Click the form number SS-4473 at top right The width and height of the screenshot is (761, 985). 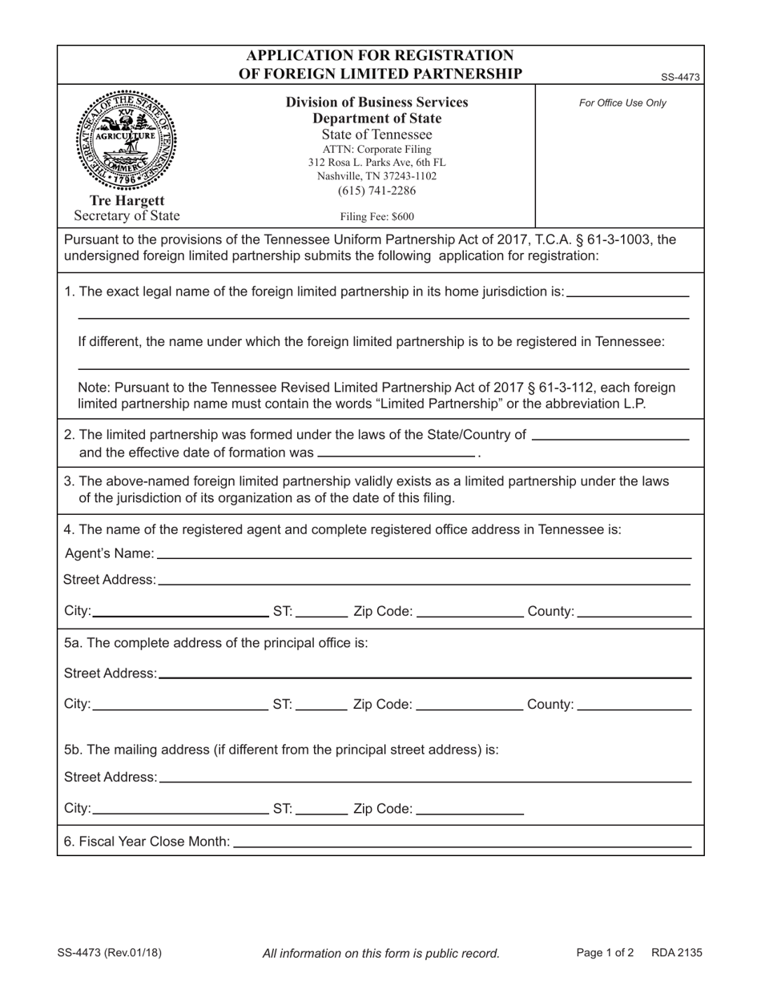[x=680, y=78]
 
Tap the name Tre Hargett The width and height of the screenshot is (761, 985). [x=127, y=200]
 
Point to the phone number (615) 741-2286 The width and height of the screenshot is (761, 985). [x=376, y=191]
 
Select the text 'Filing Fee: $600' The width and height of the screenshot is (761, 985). [x=376, y=216]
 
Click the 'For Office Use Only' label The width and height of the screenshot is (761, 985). [x=622, y=103]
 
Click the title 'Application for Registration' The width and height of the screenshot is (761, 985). [x=380, y=55]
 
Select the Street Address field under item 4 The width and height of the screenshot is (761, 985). [x=425, y=579]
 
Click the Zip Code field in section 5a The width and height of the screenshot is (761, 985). [x=470, y=705]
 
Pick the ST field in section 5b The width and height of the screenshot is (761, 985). [x=321, y=809]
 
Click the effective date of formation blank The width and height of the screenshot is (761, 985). [x=397, y=452]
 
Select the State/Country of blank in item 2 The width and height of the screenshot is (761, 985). [x=610, y=435]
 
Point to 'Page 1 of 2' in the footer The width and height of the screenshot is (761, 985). [x=605, y=953]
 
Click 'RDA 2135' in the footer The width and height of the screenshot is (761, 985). [x=676, y=953]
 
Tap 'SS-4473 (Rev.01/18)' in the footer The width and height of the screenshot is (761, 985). [x=110, y=953]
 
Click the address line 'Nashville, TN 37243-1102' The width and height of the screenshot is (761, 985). [x=376, y=176]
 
